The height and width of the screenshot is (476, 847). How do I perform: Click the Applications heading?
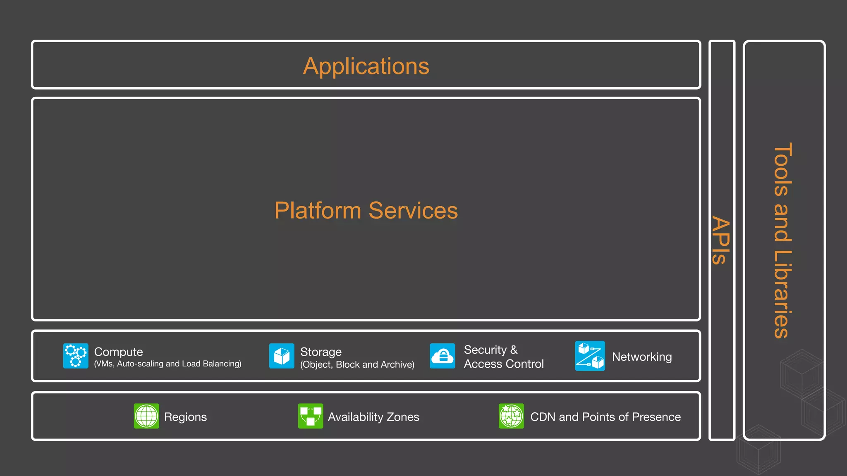366,66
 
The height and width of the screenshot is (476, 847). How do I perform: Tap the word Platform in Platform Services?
318,211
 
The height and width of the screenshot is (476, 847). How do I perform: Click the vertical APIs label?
721,240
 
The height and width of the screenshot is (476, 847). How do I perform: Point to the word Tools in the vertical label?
782,169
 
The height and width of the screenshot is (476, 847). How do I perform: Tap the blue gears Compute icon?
76,356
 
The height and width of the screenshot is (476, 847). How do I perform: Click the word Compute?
118,352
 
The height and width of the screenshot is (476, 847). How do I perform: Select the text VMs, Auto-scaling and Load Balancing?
167,364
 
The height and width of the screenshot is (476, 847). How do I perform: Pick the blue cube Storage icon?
282,356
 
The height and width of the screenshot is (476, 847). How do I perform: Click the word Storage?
321,352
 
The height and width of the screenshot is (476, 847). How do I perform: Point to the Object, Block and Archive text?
357,364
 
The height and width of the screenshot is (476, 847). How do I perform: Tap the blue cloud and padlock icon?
443,356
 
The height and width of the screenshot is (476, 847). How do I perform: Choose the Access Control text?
504,364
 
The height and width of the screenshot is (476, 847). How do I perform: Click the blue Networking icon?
590,356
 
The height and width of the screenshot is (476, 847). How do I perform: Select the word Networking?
642,357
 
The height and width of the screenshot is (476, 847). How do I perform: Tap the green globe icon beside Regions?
146,416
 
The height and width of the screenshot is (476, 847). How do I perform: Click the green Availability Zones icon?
311,416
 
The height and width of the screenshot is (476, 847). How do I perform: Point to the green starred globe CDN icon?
511,416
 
